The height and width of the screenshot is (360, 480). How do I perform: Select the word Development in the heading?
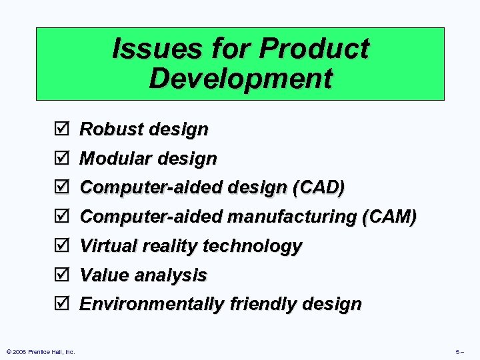coord(240,78)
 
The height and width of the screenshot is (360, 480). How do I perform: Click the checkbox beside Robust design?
coord(61,129)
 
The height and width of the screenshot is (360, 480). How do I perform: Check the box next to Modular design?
coord(61,159)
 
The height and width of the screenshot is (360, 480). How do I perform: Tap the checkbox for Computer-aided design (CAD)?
coord(61,188)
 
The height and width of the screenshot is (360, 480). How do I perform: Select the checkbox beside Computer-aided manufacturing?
coord(61,217)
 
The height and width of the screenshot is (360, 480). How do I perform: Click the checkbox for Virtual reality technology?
coord(61,246)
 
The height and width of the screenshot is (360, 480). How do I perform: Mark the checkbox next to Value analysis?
coord(61,275)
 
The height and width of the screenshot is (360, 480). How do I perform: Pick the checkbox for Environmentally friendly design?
coord(61,304)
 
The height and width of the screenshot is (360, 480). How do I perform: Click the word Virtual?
coord(106,246)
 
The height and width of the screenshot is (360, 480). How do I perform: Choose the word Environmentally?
coord(152,304)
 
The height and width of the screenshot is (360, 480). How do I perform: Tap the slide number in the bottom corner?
coord(460,351)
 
